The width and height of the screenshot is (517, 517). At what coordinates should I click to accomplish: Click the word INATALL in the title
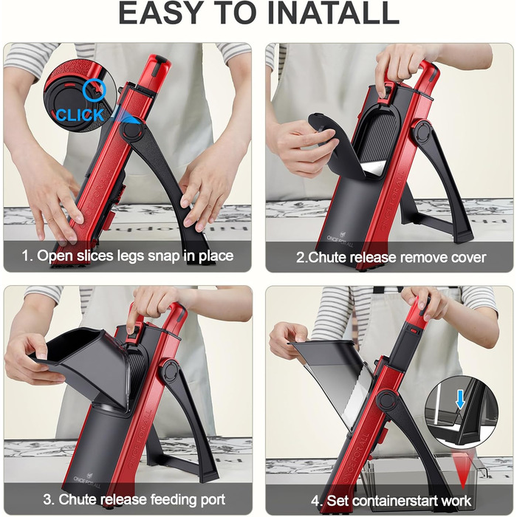(x=332, y=13)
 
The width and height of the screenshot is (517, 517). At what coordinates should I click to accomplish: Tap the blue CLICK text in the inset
(x=80, y=115)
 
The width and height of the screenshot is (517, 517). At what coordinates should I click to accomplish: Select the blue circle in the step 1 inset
(x=95, y=89)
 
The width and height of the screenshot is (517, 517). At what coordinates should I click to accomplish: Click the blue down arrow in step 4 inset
(x=460, y=401)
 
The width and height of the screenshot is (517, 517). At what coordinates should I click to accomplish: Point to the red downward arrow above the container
(x=462, y=470)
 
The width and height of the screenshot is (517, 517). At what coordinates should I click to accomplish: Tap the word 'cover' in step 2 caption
(x=468, y=258)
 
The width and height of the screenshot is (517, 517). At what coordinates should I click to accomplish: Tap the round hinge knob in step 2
(x=422, y=131)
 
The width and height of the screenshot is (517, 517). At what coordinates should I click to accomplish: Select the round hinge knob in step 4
(x=386, y=400)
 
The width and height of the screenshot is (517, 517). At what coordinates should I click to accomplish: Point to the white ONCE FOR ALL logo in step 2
(x=340, y=240)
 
